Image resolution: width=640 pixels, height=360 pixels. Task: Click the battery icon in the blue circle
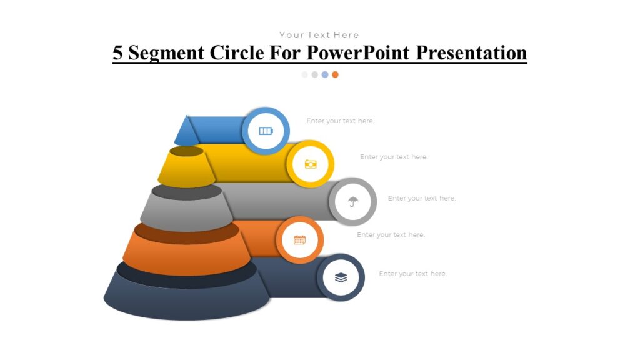pos(266,131)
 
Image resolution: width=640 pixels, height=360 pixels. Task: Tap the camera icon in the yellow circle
pos(311,164)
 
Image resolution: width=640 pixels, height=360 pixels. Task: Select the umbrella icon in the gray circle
pos(353,202)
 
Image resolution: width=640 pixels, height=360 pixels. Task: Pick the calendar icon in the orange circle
pos(300,240)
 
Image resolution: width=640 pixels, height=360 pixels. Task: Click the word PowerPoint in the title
pos(359,52)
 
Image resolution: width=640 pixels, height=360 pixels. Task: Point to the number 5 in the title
pos(117,52)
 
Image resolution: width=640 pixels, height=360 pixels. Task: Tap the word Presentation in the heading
pos(472,52)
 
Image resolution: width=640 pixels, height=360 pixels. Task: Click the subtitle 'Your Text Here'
pos(319,35)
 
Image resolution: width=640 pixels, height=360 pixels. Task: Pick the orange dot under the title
pos(335,74)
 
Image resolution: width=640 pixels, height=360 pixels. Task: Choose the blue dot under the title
pos(325,74)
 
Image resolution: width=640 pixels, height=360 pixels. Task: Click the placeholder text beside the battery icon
pos(340,121)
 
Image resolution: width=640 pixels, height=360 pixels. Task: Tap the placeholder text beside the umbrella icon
pos(422,198)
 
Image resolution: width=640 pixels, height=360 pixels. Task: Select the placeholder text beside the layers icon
pos(412,274)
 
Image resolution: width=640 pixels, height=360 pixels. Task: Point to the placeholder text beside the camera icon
pos(394,157)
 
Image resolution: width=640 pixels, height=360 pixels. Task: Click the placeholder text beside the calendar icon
pos(391,235)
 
